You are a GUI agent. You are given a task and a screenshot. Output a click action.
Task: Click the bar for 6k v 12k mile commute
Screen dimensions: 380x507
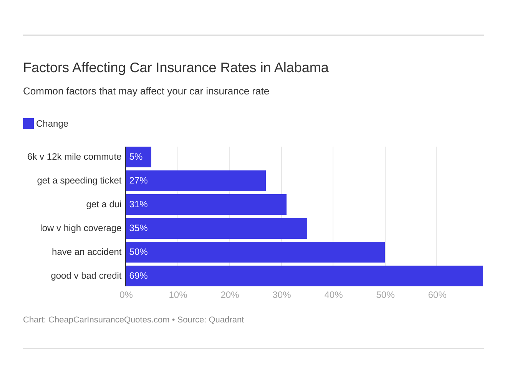[139, 157]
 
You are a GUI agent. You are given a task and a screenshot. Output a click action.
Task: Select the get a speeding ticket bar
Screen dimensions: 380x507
[196, 181]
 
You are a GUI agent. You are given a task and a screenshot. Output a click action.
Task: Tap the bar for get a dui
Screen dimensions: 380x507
[206, 205]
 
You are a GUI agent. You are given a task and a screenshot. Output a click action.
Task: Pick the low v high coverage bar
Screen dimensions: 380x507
[217, 228]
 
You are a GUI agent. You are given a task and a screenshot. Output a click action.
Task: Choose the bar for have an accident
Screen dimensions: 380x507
[255, 252]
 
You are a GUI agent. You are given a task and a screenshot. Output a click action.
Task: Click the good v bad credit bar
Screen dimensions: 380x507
[304, 276]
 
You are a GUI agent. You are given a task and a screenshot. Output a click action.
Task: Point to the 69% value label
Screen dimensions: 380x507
[138, 276]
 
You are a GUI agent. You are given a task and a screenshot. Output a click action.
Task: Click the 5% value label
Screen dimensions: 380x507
[136, 157]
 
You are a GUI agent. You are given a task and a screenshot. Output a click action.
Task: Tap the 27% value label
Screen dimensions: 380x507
[138, 181]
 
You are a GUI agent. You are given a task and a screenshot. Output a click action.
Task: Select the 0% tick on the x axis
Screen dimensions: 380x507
[126, 295]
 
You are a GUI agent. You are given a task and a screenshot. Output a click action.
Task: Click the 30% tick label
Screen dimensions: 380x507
[282, 295]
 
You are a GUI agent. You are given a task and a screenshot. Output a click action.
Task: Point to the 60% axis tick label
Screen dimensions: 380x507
[437, 295]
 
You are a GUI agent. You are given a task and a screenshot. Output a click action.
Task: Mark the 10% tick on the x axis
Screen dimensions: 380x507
[178, 295]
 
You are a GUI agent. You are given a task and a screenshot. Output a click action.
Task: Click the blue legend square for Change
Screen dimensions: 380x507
[28, 124]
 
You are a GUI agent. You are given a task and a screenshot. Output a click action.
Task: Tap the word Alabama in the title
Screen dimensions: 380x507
[301, 68]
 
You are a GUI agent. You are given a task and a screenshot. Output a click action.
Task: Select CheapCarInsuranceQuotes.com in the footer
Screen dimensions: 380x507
[109, 320]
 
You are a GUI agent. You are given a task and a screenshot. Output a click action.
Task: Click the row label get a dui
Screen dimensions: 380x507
[104, 205]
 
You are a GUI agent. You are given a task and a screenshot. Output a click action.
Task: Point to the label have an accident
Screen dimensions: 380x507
[86, 252]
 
